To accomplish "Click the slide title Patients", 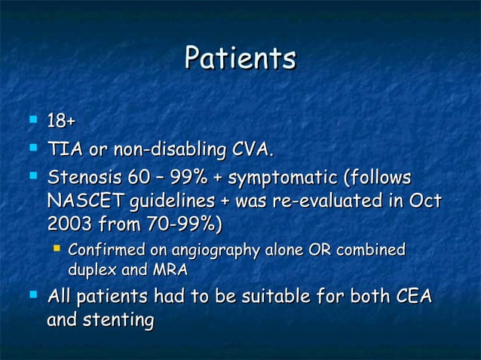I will click(x=240, y=59).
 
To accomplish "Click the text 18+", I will click(x=63, y=121).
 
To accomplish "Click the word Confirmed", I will click(x=100, y=250).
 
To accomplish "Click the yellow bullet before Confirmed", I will click(x=56, y=249).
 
